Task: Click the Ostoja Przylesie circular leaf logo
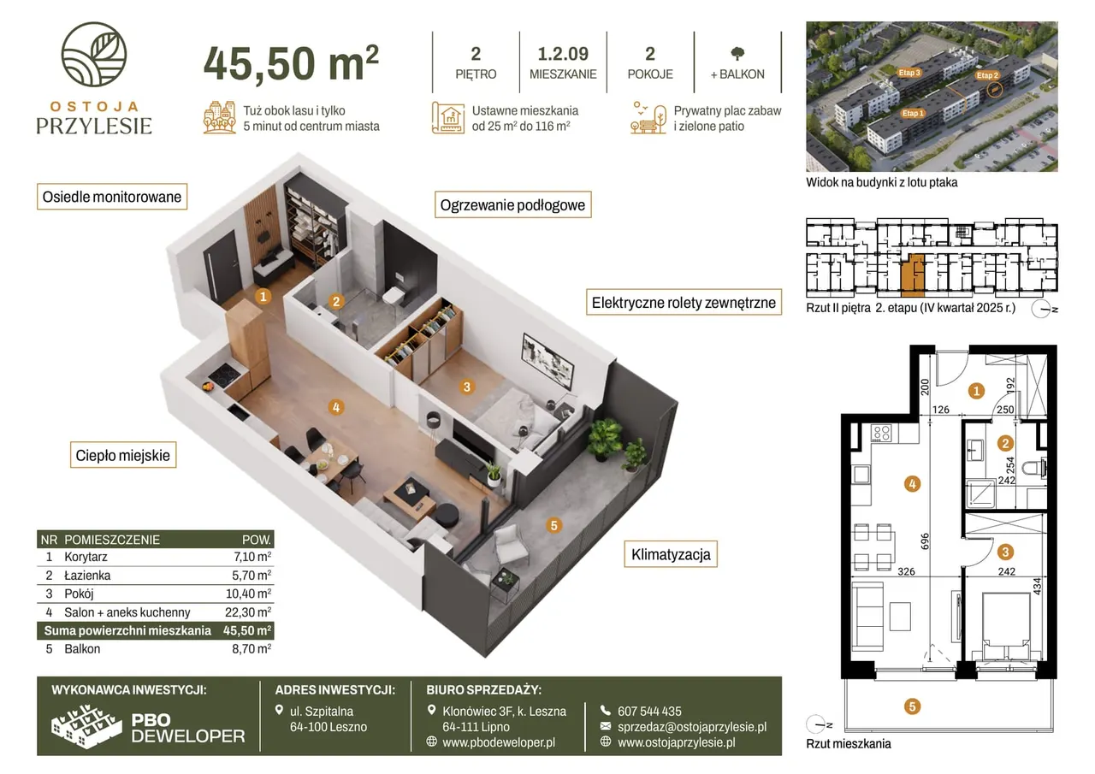coord(94,54)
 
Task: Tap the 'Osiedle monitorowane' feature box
coord(112,197)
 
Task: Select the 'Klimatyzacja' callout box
coord(671,554)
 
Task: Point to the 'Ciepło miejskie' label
coord(123,455)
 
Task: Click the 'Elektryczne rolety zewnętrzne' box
coord(684,303)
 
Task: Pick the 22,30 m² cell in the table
coord(248,612)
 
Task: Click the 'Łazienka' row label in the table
coord(87,575)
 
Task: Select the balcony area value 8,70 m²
coord(252,649)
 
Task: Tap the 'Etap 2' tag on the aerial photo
coord(987,75)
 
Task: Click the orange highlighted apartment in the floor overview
coord(913,275)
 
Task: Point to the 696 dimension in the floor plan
coord(925,541)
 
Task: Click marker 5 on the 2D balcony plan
coord(912,706)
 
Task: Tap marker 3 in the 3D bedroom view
coord(467,387)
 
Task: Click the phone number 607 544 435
coord(649,711)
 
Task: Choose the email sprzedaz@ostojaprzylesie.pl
coord(692,727)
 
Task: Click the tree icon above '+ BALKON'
coord(737,53)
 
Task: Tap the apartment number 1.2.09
coord(563,54)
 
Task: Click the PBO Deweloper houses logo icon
coord(86,726)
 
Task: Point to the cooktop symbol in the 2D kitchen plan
coord(881,433)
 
